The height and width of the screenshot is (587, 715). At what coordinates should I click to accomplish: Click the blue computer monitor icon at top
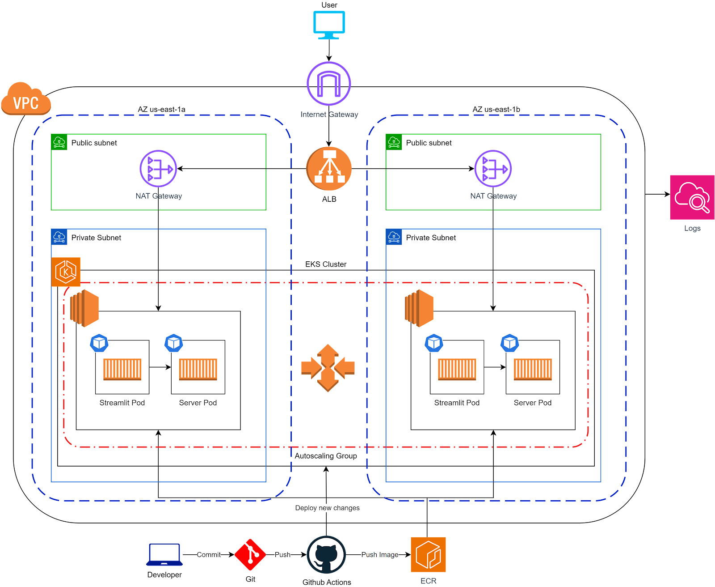[329, 25]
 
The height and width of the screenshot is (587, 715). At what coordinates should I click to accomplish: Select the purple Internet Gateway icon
[329, 83]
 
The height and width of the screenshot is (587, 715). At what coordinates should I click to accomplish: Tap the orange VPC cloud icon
[26, 99]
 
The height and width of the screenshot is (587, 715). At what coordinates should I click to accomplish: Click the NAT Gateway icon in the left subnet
[158, 169]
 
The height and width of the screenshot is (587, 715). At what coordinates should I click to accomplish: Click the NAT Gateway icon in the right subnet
[493, 169]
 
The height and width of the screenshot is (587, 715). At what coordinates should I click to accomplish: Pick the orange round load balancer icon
[329, 169]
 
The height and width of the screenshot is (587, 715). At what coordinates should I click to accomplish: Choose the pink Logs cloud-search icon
[692, 197]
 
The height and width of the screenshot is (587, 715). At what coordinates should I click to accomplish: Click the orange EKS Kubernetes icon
[66, 272]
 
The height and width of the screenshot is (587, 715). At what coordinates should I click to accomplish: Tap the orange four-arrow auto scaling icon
[328, 368]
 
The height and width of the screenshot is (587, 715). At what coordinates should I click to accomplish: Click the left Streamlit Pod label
[122, 403]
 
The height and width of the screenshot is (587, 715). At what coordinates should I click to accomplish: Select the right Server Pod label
[532, 403]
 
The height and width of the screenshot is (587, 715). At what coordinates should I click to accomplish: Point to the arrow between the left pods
[160, 367]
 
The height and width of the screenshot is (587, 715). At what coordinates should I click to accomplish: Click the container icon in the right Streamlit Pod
[457, 369]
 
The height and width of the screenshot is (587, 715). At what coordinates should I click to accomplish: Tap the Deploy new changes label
[327, 508]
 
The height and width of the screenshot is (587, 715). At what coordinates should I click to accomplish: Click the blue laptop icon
[164, 555]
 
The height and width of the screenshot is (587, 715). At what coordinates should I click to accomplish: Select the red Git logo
[250, 555]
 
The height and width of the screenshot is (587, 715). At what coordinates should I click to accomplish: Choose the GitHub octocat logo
[326, 555]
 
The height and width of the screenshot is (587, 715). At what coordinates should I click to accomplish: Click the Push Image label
[379, 555]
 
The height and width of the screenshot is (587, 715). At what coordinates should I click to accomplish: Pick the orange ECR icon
[428, 555]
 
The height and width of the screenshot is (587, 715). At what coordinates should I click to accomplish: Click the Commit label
[209, 555]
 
